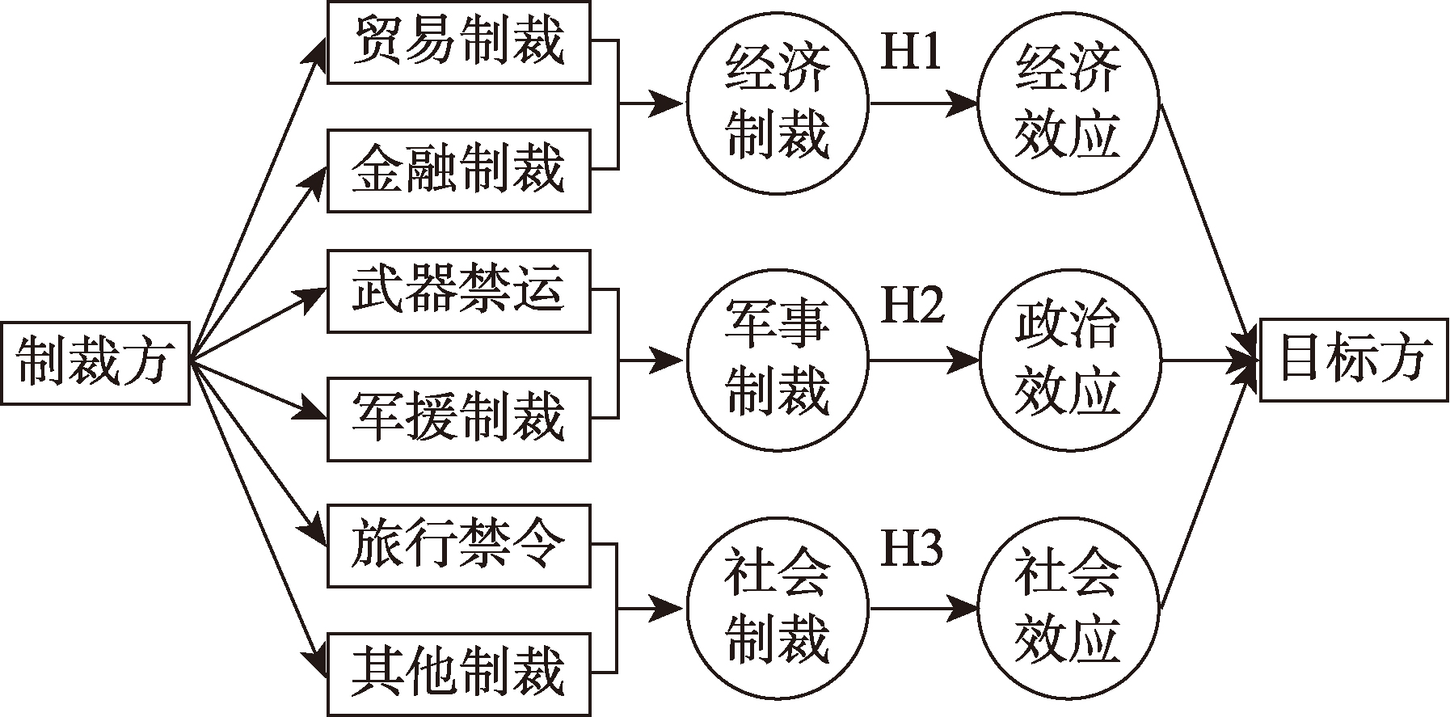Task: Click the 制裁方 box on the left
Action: click(95, 363)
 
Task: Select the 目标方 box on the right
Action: click(1354, 360)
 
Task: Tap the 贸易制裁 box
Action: click(458, 42)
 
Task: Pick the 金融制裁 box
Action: click(458, 171)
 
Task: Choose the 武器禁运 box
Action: click(458, 291)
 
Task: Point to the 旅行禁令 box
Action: click(458, 546)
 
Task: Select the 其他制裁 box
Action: click(458, 674)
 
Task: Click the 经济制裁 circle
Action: click(778, 103)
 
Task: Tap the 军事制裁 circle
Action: click(778, 359)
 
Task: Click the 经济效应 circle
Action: click(1068, 103)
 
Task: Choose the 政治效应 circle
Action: click(1068, 359)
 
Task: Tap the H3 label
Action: click(911, 550)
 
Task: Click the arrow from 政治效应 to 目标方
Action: click(1208, 360)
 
